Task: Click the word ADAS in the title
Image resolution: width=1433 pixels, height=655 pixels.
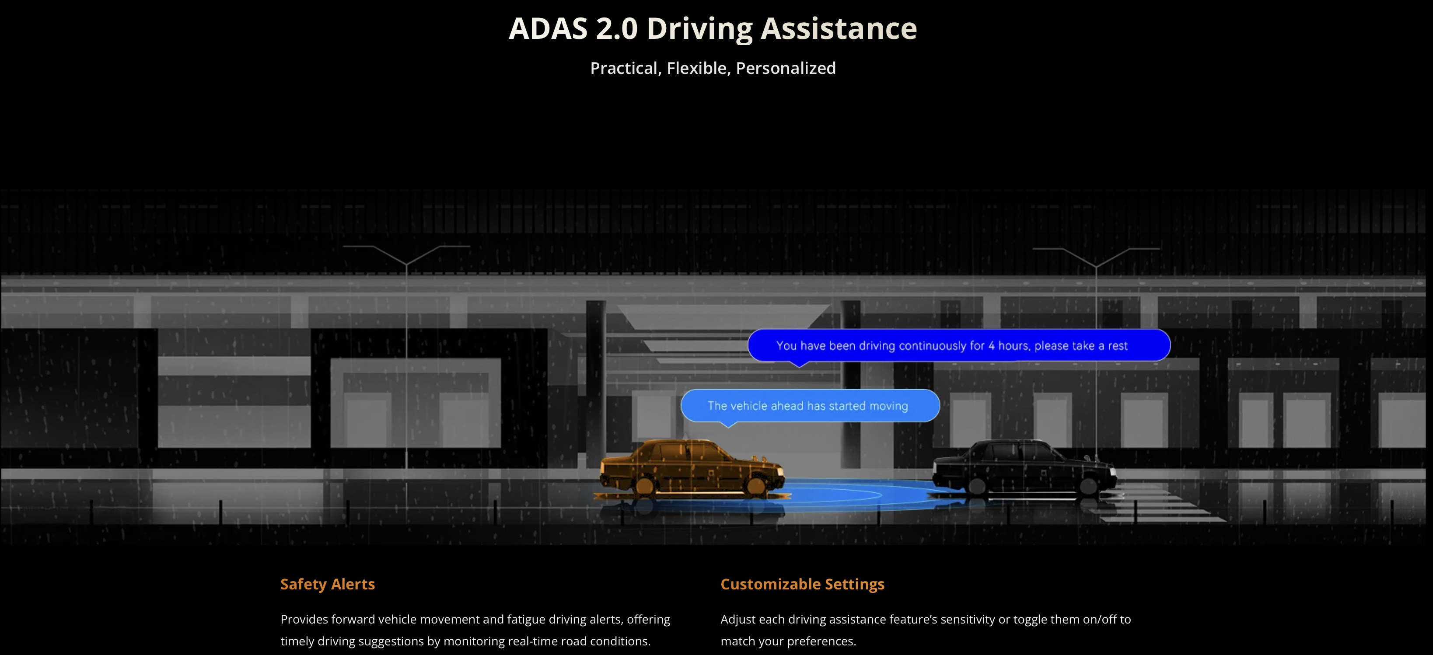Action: pyautogui.click(x=548, y=28)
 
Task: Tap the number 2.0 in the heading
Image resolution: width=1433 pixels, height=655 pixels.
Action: pyautogui.click(x=616, y=28)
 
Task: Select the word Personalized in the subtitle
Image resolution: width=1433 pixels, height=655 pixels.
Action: pyautogui.click(x=786, y=68)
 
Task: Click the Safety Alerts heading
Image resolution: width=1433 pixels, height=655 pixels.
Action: pyautogui.click(x=328, y=585)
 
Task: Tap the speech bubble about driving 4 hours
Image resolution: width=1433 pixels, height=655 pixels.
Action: pyautogui.click(x=959, y=345)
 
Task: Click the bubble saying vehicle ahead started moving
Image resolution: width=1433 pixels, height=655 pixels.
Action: pyautogui.click(x=810, y=406)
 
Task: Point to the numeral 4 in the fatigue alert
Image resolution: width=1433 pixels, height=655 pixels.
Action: pyautogui.click(x=991, y=345)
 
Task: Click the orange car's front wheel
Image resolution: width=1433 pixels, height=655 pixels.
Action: pyautogui.click(x=755, y=485)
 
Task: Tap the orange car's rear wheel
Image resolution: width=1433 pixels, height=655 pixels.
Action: pyautogui.click(x=645, y=485)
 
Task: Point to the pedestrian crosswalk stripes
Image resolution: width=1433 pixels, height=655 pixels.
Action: pyautogui.click(x=1157, y=503)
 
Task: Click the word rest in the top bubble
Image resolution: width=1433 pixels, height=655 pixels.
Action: pyautogui.click(x=1118, y=346)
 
